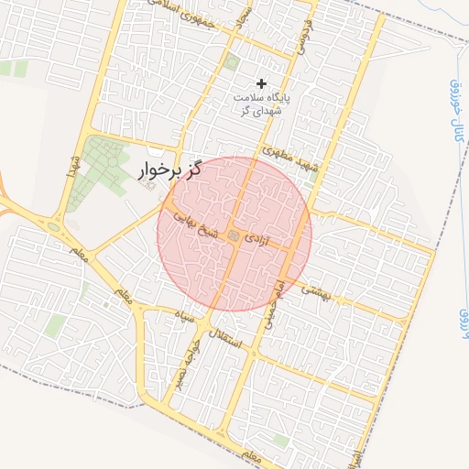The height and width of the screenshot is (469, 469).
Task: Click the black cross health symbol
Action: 261,83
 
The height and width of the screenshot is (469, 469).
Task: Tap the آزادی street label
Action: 260,242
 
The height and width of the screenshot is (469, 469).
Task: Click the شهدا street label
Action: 70,166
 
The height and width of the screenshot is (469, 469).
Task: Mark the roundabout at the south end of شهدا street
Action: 54,226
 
